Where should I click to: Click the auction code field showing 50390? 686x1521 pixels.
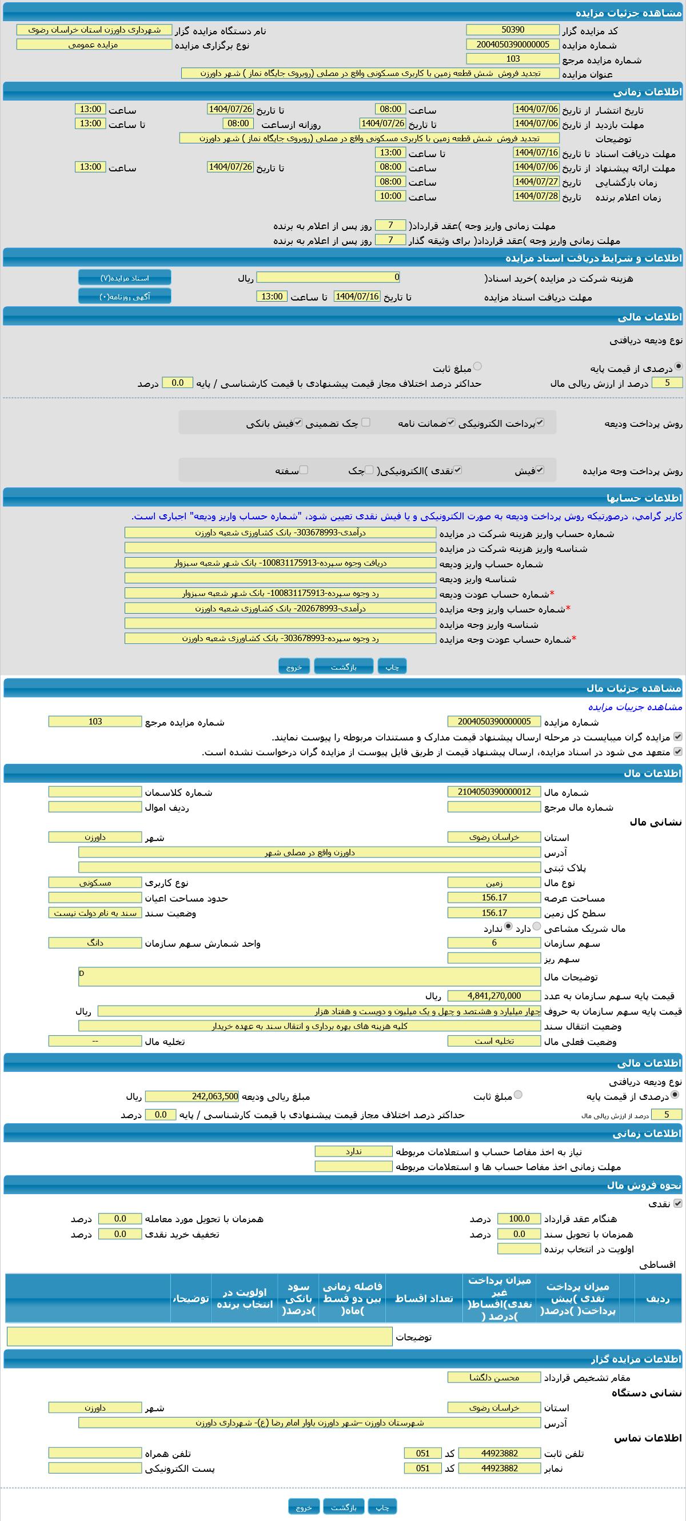click(512, 30)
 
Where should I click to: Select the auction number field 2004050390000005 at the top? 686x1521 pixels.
click(512, 45)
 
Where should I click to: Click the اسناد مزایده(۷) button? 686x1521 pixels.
click(125, 278)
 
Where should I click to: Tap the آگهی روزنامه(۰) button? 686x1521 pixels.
click(125, 297)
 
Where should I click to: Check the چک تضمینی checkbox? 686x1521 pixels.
click(366, 422)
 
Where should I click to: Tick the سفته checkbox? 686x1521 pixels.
click(303, 470)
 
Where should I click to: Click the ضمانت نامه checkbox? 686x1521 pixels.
click(451, 422)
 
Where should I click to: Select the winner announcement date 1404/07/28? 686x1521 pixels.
click(536, 196)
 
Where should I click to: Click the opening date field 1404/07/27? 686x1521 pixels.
click(536, 182)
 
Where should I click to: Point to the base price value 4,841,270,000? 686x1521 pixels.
click(494, 995)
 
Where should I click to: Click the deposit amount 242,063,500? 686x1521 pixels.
click(192, 1096)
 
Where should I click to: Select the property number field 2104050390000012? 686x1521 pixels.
click(494, 792)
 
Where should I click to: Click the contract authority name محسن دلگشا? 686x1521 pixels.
click(494, 1378)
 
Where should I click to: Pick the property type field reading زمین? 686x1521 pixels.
click(494, 883)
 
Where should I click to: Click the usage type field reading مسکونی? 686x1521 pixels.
click(95, 883)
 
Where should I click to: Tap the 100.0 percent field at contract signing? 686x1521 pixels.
click(519, 1218)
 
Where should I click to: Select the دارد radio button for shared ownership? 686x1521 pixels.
click(537, 926)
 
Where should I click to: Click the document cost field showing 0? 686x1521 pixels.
click(328, 277)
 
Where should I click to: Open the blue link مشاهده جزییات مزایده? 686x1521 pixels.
click(635, 707)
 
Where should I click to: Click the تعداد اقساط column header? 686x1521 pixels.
click(424, 1298)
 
